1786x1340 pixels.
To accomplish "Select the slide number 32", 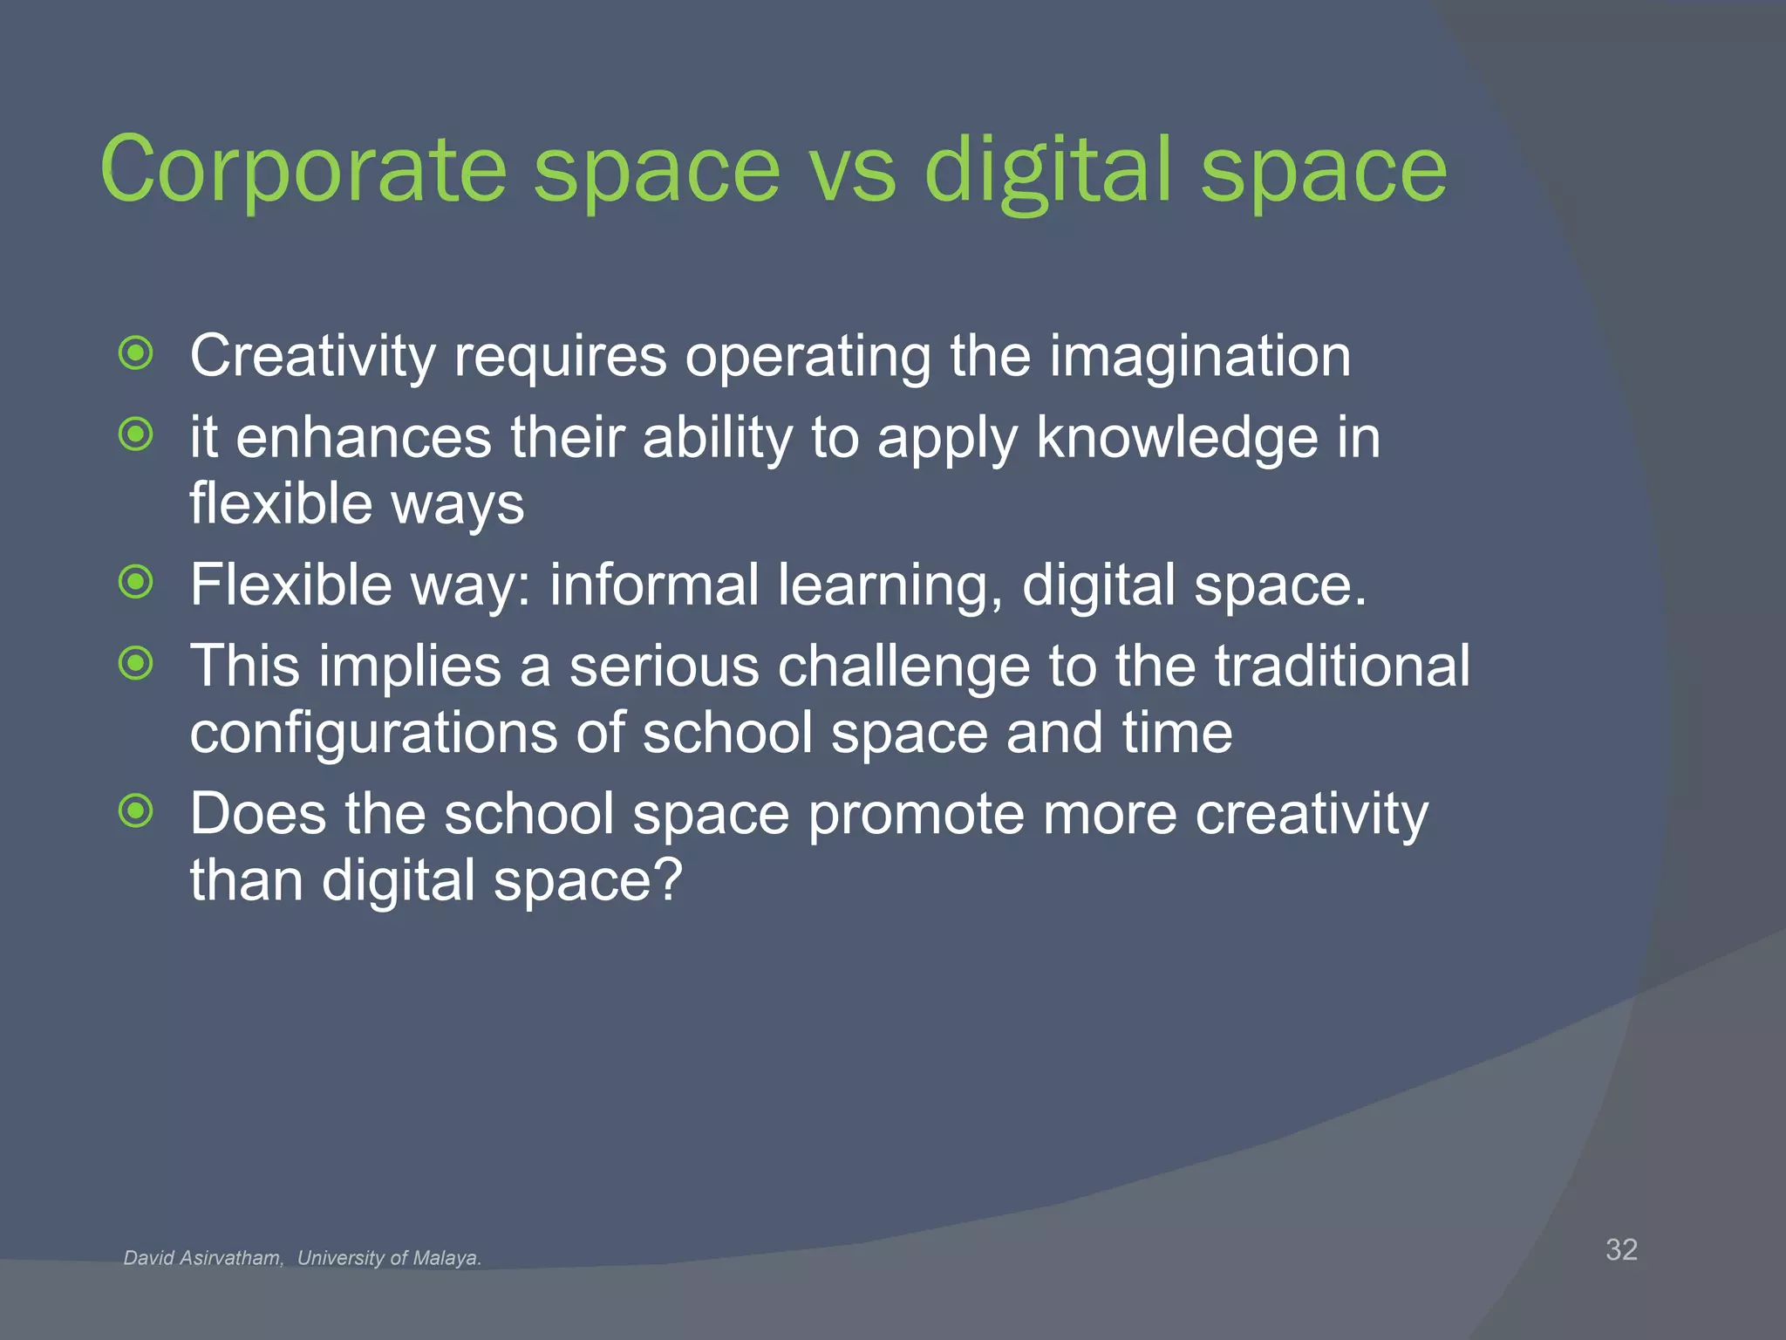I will pyautogui.click(x=1621, y=1249).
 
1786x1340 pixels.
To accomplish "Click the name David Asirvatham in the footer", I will pyautogui.click(x=203, y=1258).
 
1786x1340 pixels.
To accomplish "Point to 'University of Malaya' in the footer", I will pyautogui.click(x=389, y=1258).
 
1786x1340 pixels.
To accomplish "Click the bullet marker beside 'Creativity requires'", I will pyautogui.click(x=136, y=353).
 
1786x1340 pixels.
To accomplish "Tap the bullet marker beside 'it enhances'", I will pyautogui.click(x=136, y=434).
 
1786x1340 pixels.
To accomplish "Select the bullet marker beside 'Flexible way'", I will pyautogui.click(x=136, y=582).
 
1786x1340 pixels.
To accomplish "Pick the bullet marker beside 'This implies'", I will pyautogui.click(x=136, y=664).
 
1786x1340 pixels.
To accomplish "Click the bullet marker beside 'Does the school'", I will pyautogui.click(x=136, y=811).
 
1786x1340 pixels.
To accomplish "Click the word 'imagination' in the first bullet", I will pyautogui.click(x=1199, y=356).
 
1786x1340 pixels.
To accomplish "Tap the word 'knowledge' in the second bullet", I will pyautogui.click(x=1176, y=437).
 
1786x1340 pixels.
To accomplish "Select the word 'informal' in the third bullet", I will pyautogui.click(x=654, y=585).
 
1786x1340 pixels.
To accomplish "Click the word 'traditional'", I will pyautogui.click(x=1342, y=666).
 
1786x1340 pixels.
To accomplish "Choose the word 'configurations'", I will pyautogui.click(x=373, y=733).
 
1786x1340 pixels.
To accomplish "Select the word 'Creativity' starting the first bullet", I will pyautogui.click(x=312, y=356).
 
